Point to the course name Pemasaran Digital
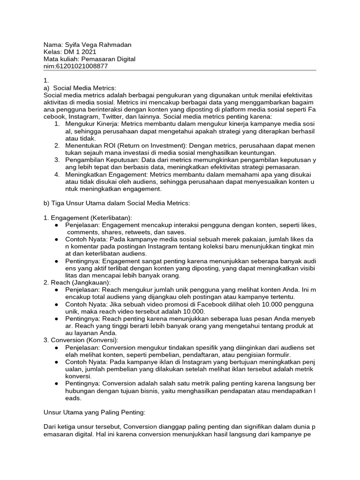pos(108,59)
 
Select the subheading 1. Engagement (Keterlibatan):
pos(88,217)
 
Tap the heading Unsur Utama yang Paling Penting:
pos(94,412)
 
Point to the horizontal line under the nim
pos(180,71)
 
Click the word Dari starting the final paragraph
pos(50,427)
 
